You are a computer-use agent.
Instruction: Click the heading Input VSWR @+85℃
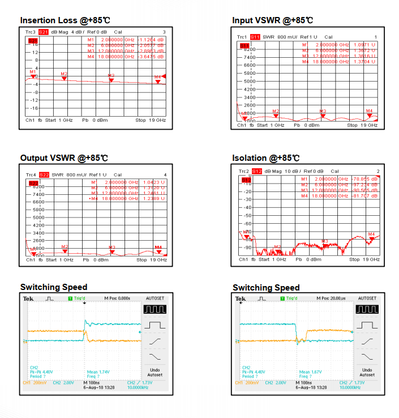[x=272, y=20]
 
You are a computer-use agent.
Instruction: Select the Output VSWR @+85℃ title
[x=64, y=158]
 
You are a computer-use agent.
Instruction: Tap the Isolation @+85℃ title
[x=265, y=158]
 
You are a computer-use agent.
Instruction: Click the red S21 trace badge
[x=44, y=32]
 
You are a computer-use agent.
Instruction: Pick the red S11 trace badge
[x=255, y=37]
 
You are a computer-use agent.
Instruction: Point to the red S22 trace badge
[x=44, y=174]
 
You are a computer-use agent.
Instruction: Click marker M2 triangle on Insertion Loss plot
[x=64, y=78]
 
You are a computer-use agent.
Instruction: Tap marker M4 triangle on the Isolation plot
[x=371, y=238]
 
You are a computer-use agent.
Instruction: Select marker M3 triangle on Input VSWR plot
[x=323, y=116]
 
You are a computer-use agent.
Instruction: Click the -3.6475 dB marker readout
[x=152, y=57]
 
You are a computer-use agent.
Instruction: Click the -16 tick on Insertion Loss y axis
[x=34, y=108]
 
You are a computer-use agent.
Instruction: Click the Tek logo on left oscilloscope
[x=28, y=298]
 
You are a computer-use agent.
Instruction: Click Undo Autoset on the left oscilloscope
[x=155, y=372]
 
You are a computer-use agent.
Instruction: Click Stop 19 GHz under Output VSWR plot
[x=151, y=259]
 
